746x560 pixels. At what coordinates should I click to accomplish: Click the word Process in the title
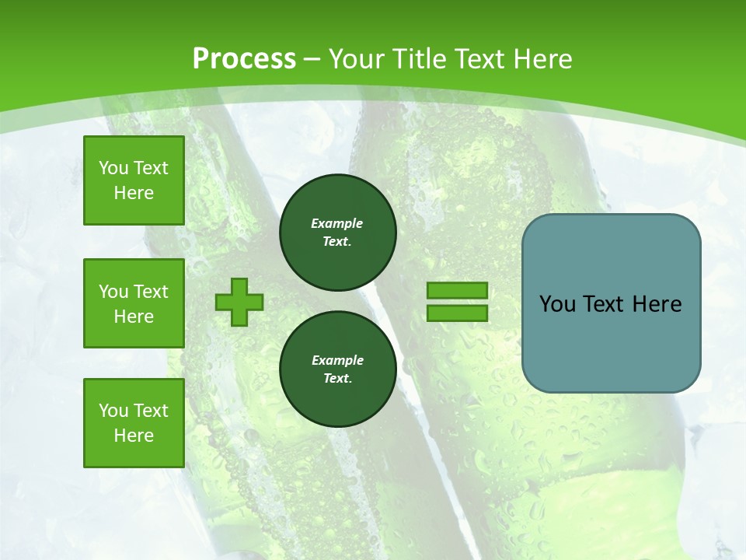pyautogui.click(x=244, y=59)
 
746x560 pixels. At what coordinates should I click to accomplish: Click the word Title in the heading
pyautogui.click(x=420, y=59)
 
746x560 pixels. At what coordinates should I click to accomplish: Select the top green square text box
pyautogui.click(x=134, y=180)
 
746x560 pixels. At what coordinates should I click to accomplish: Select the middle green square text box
pyautogui.click(x=134, y=303)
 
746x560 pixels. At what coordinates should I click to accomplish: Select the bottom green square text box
pyautogui.click(x=134, y=423)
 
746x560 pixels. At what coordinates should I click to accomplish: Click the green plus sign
pyautogui.click(x=239, y=302)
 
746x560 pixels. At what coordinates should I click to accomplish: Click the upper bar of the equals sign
pyautogui.click(x=457, y=291)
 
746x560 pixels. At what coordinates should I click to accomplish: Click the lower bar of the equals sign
pyautogui.click(x=457, y=313)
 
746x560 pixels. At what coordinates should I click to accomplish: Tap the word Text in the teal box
pyautogui.click(x=603, y=304)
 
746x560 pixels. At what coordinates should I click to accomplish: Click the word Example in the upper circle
pyautogui.click(x=337, y=223)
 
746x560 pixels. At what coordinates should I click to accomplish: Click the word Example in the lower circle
pyautogui.click(x=337, y=360)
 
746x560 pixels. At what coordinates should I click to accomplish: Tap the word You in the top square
pyautogui.click(x=113, y=168)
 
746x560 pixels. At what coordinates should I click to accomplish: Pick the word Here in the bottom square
pyautogui.click(x=134, y=436)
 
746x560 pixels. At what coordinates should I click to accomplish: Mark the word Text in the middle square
pyautogui.click(x=150, y=292)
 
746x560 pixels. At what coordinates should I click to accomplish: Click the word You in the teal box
pyautogui.click(x=556, y=304)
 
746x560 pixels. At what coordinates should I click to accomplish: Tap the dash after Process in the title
pyautogui.click(x=312, y=59)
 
